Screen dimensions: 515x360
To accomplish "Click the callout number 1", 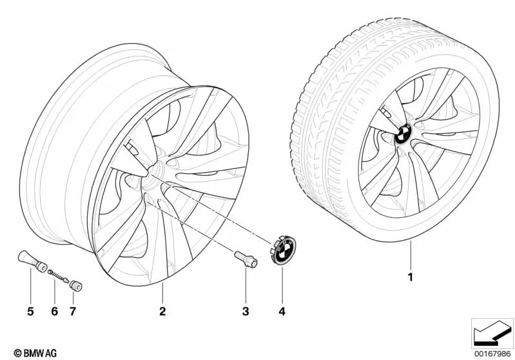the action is coord(410,278).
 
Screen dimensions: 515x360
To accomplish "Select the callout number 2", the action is coord(162,311).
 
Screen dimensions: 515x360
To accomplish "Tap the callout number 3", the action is coord(246,311).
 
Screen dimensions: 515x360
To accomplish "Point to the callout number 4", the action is coord(282,311).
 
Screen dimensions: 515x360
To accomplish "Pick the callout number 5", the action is coord(30,311).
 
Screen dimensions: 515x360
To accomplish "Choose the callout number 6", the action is coord(55,311).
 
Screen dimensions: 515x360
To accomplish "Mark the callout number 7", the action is coord(73,311).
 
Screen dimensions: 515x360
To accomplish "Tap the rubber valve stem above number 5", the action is coord(32,261).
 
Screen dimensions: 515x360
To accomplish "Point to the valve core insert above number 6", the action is coord(58,276).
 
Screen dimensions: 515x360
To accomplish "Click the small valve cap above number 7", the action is coord(75,285).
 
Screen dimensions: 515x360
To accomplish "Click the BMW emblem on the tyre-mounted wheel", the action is coord(403,134).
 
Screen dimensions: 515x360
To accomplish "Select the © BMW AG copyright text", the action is coord(35,353).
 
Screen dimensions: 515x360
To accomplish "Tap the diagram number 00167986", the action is coord(492,354).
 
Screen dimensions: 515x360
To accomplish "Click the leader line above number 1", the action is coord(411,255).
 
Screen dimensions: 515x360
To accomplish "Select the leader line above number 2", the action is coord(162,294).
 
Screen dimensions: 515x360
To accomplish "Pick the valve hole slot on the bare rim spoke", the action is coord(131,146).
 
